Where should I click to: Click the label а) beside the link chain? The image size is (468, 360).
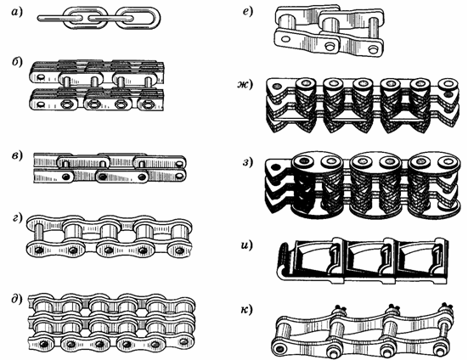[17, 13]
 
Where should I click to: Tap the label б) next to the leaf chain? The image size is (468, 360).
[17, 62]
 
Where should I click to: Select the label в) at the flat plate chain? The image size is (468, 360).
[17, 155]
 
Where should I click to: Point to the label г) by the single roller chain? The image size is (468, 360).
[17, 218]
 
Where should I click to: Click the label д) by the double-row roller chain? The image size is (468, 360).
[17, 299]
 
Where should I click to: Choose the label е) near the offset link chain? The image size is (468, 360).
[248, 12]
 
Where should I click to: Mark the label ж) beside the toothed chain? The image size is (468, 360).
[245, 84]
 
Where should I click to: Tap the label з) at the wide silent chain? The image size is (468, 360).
[247, 162]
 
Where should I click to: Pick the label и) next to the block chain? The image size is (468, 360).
[246, 245]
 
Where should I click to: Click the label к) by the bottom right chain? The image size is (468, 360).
[246, 310]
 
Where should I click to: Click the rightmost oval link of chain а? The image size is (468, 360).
[138, 19]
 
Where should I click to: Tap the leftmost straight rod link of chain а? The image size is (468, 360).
[59, 19]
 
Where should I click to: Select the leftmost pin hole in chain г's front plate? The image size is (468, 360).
[38, 250]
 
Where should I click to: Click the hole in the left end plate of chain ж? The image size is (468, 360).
[277, 86]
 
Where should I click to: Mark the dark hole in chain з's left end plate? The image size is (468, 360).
[276, 167]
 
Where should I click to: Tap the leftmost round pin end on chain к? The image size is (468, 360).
[280, 348]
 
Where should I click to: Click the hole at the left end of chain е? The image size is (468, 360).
[285, 39]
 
